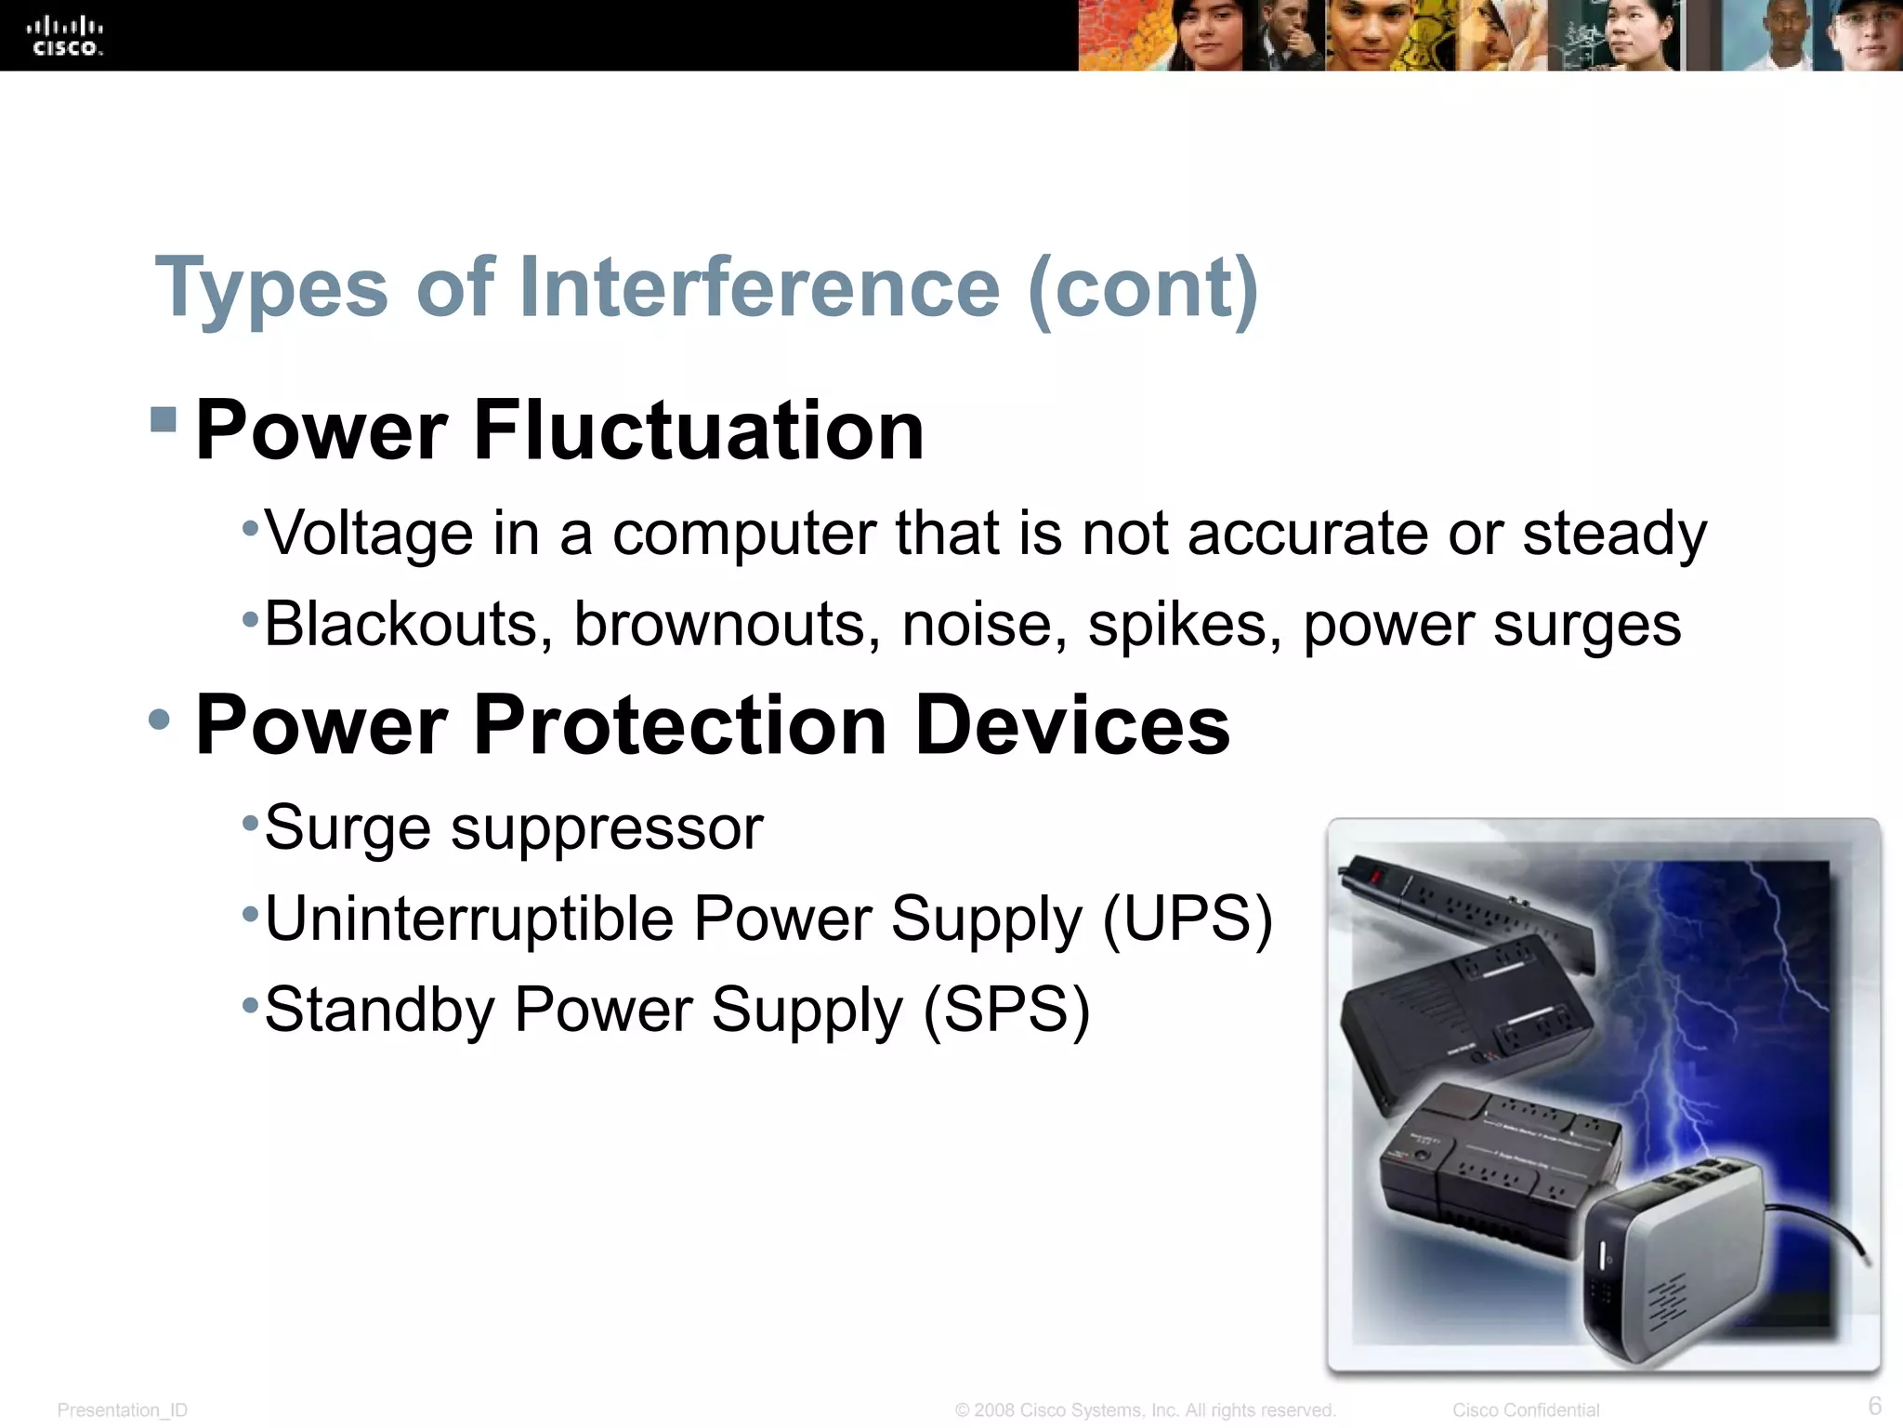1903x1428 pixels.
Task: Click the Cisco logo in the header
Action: point(65,36)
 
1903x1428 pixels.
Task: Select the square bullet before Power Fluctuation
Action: point(163,419)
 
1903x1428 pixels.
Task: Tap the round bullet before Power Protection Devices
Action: point(160,719)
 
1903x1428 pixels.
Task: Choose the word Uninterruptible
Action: point(468,919)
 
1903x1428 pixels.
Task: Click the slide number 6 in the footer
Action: point(1874,1405)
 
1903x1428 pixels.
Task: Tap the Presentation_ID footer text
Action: point(122,1410)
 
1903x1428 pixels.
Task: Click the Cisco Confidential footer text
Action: point(1525,1410)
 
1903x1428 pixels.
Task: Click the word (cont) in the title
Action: point(1143,288)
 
